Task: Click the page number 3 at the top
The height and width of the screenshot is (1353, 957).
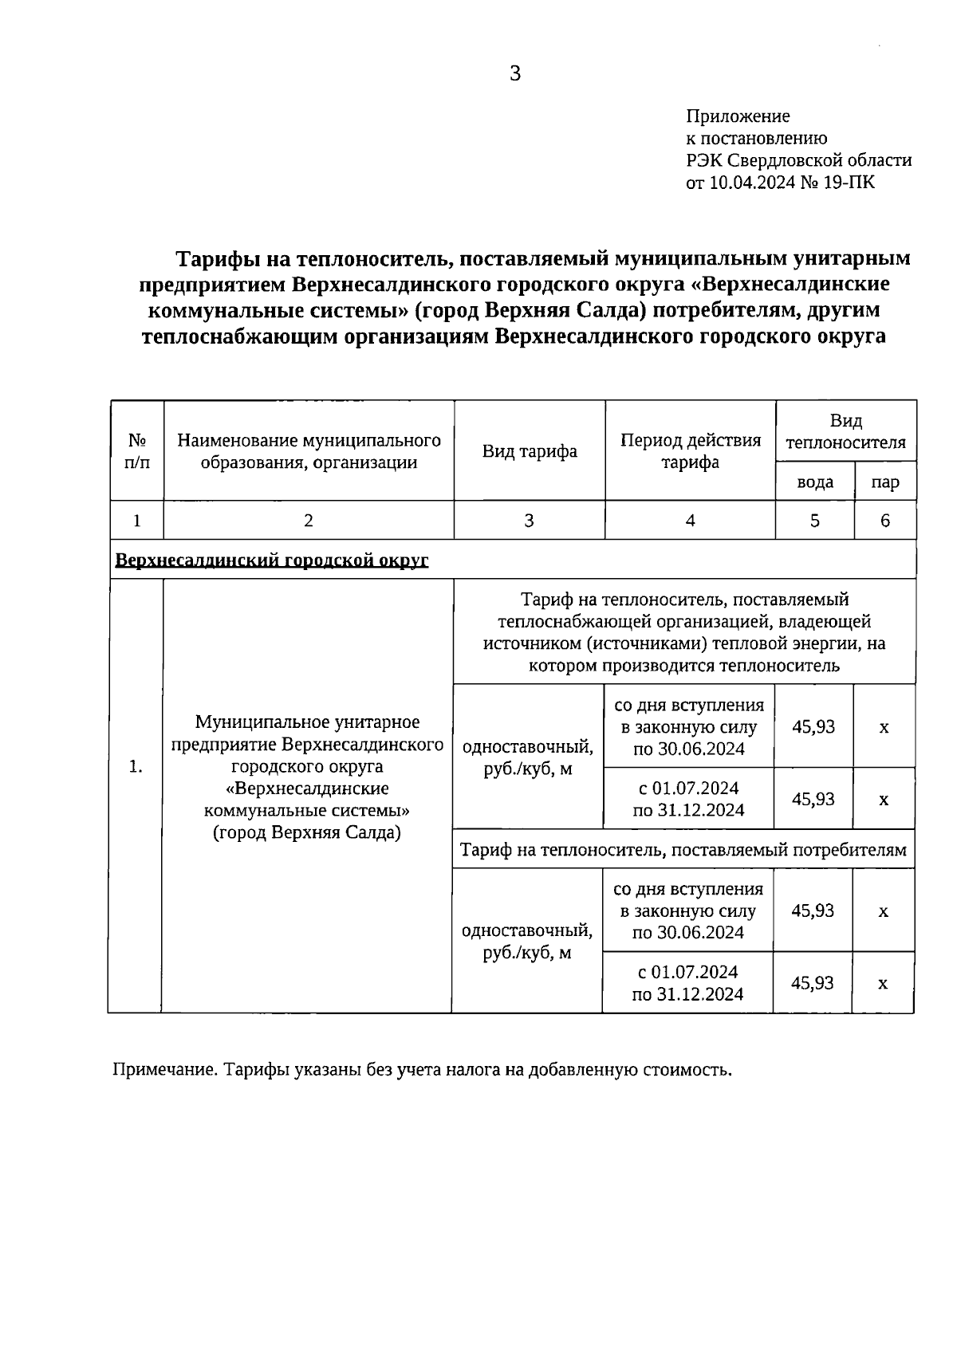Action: click(514, 74)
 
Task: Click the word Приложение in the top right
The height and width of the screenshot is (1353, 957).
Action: click(738, 116)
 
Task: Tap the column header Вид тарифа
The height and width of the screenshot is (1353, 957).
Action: click(530, 451)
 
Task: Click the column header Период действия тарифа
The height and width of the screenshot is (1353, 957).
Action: click(690, 451)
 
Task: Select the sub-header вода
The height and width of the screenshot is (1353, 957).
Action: click(815, 482)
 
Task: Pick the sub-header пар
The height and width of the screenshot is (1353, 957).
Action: click(885, 482)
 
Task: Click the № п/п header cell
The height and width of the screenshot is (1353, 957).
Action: click(136, 451)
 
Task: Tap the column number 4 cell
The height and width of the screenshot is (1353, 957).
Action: click(690, 521)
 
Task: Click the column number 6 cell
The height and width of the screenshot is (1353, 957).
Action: click(885, 521)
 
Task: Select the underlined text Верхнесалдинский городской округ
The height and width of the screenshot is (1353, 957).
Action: click(272, 560)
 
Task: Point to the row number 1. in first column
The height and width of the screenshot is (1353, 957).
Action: click(136, 766)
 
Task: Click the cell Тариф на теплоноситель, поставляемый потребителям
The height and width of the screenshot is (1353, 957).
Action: click(683, 850)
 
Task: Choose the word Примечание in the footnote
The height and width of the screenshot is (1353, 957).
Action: click(163, 1069)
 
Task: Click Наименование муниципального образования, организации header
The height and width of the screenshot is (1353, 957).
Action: click(309, 451)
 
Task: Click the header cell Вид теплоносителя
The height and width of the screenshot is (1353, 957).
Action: click(845, 431)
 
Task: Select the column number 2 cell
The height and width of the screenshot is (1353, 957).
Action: click(309, 521)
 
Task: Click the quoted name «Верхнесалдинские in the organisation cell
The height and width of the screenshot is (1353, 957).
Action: click(307, 789)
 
